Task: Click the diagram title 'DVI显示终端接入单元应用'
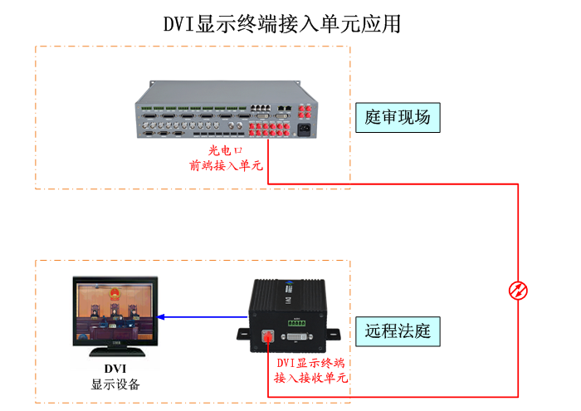tap(283, 23)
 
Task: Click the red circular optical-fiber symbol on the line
tap(519, 291)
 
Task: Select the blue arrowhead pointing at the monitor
tap(163, 316)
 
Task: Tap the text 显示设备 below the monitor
tap(115, 385)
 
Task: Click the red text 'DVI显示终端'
tap(310, 363)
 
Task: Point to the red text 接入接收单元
tap(310, 378)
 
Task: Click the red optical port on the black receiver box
tap(267, 336)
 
